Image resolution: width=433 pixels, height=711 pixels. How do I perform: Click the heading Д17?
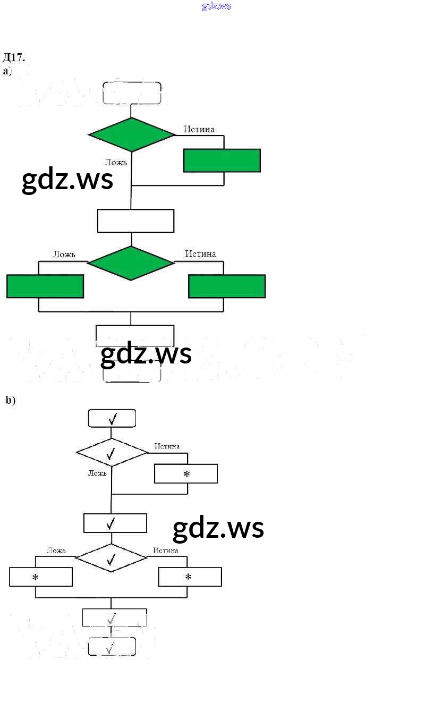(14, 57)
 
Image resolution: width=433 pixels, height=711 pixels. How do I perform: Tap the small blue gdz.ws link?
(217, 6)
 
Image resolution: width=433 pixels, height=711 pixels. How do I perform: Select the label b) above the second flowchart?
(11, 400)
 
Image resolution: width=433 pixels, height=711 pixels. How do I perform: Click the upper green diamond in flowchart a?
(131, 134)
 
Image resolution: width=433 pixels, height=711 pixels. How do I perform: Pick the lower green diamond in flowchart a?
(131, 263)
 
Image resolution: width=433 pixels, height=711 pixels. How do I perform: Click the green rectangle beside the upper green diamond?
(222, 160)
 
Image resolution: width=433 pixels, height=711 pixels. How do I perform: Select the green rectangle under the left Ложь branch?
(45, 286)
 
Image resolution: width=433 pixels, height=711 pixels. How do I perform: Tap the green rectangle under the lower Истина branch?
(227, 286)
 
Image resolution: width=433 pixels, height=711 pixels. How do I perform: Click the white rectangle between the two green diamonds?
(135, 221)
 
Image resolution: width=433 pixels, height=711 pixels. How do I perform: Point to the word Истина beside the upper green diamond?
(199, 129)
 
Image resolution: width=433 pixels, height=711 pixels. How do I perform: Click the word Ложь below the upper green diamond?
(116, 162)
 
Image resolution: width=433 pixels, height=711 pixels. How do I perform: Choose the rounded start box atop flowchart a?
(132, 92)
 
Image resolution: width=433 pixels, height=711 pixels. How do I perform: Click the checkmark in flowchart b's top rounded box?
(113, 419)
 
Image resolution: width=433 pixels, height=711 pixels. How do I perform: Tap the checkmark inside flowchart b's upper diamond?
(111, 454)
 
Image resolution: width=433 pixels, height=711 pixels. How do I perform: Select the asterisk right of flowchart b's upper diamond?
(186, 474)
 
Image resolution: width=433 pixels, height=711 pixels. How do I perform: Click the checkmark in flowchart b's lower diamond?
(111, 559)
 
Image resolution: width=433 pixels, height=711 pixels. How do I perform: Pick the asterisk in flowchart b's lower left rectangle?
(36, 577)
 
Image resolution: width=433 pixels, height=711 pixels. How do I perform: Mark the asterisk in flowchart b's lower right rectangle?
(188, 577)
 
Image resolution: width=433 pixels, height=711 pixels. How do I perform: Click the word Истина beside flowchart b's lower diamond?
(166, 551)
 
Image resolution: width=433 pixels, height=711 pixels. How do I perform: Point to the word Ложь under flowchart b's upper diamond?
(97, 473)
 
